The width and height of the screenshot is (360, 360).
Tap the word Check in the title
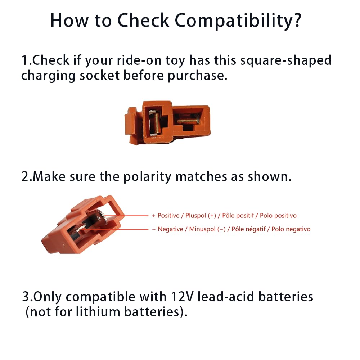click(x=143, y=21)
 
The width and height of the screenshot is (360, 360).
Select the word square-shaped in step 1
click(x=290, y=60)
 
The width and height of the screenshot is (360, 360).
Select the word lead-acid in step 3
click(x=226, y=297)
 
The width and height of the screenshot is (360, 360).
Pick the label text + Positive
click(x=166, y=216)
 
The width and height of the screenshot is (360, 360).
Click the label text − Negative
click(x=167, y=229)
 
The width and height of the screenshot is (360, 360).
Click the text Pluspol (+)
click(x=201, y=216)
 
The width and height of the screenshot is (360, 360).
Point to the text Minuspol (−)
click(x=208, y=229)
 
